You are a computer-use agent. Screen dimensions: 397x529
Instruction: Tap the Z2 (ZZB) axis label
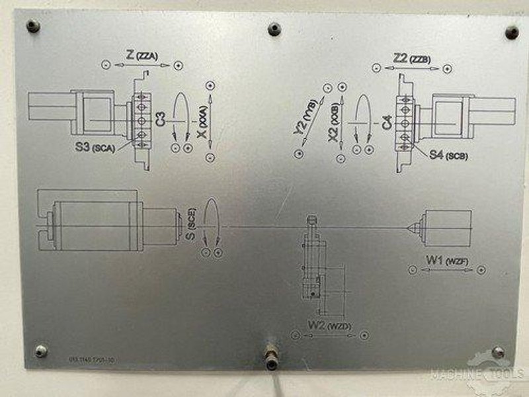(x=411, y=58)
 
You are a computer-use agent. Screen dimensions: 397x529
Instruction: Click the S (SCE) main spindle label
(x=192, y=225)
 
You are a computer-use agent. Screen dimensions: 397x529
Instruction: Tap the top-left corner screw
(x=32, y=26)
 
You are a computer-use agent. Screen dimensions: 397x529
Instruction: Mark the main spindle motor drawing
(x=106, y=225)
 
